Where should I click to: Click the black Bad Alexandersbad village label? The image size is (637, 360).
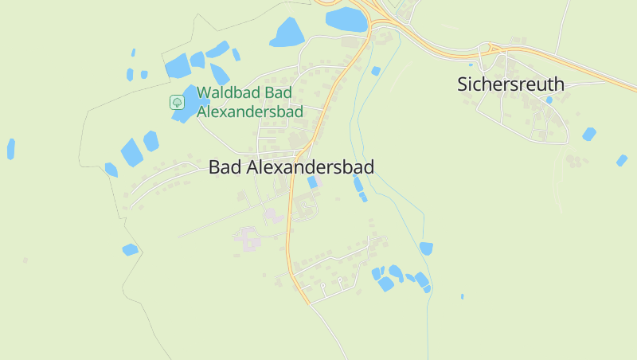point(291,167)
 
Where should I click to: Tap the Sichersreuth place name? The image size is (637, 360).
point(510,84)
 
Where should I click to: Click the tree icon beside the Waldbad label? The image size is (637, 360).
point(177,102)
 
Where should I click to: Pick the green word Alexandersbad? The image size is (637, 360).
point(250,112)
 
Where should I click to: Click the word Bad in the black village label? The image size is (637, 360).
point(224,167)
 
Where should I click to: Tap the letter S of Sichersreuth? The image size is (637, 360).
point(463,84)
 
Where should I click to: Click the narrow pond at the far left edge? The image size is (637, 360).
point(11,148)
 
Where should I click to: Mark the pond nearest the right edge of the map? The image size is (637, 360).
point(622,160)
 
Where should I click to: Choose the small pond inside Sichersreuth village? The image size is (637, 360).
point(549,100)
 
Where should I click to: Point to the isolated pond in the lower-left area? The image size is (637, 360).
point(130,249)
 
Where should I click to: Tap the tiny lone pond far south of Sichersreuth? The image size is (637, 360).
point(462,297)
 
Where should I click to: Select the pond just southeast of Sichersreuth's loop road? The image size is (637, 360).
point(589,134)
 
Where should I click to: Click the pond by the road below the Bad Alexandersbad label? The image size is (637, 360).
point(312,182)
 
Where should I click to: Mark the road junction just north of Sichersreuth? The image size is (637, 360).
point(487,50)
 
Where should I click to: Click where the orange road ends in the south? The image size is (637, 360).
point(307,303)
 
